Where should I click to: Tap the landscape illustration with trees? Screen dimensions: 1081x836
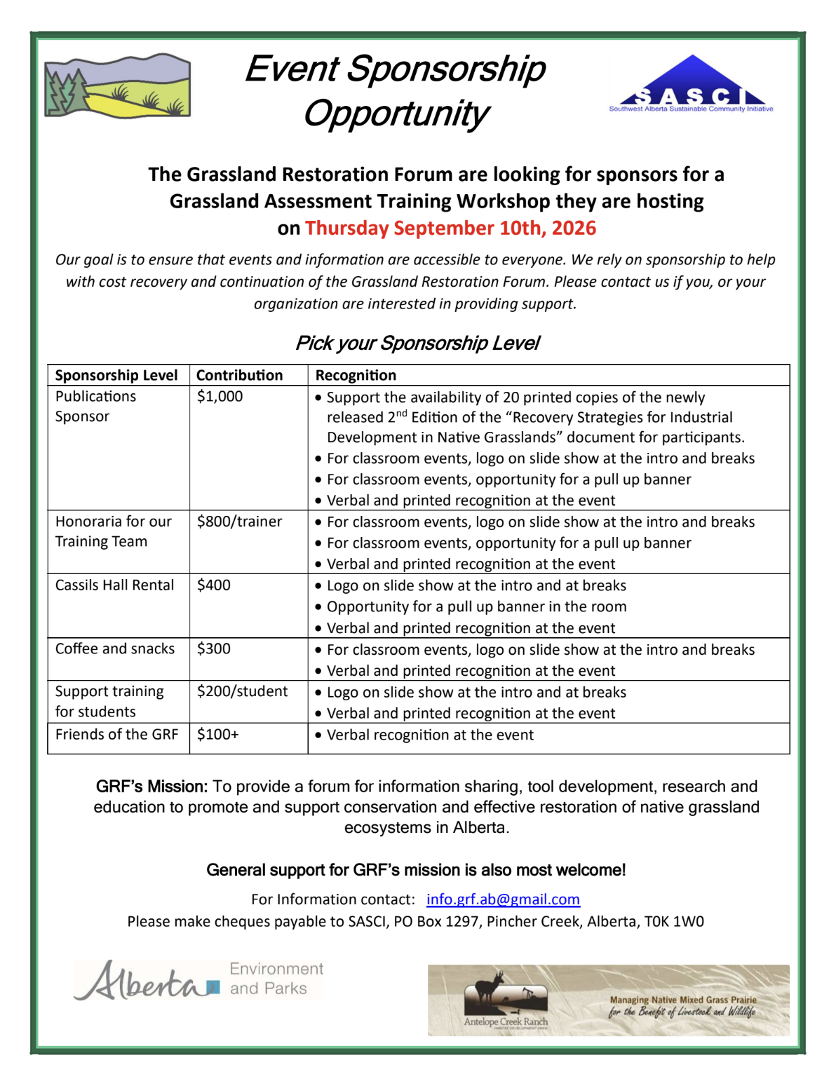coord(117,86)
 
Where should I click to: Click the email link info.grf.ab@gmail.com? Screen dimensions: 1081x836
coord(503,899)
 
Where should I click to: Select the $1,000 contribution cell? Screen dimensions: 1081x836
coord(220,397)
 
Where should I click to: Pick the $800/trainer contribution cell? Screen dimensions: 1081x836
coord(239,522)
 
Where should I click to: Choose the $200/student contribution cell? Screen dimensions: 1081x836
coord(242,692)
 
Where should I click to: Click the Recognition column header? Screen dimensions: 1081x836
coord(356,376)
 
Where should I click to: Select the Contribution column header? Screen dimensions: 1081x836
coord(239,376)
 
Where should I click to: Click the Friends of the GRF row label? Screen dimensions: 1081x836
coord(116,735)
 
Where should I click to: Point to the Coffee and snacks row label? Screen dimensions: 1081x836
coord(115,649)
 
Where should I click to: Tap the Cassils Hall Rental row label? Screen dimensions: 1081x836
coord(114,585)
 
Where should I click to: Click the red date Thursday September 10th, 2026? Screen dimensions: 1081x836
coord(450,229)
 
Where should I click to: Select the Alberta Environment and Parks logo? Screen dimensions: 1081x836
coord(198,979)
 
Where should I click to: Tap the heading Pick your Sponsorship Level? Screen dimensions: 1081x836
coord(417,344)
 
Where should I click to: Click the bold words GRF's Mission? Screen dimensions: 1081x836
coord(151,787)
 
